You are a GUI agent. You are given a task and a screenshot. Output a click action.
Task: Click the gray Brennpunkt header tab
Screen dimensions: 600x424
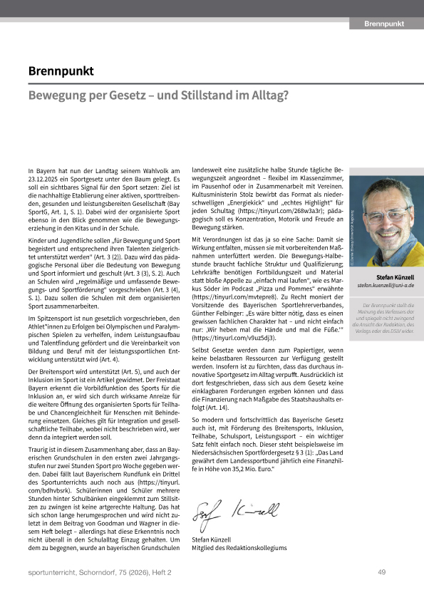pos(383,24)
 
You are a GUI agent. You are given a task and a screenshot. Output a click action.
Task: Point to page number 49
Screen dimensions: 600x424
pos(382,571)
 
